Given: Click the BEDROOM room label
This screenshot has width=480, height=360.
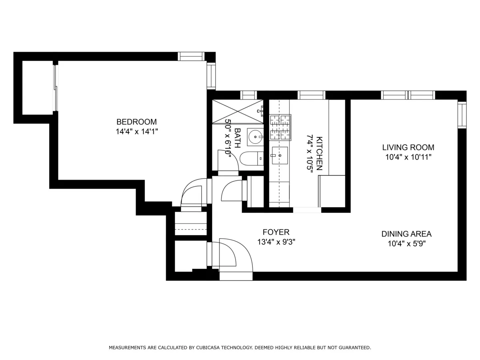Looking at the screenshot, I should [x=136, y=122].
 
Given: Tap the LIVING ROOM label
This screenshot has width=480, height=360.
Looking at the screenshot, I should [x=408, y=147].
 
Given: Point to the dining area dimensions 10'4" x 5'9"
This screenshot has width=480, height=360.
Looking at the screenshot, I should [x=406, y=244].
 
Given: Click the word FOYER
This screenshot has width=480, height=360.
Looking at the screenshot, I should [x=276, y=232].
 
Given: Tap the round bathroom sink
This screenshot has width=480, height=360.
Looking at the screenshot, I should [x=255, y=137].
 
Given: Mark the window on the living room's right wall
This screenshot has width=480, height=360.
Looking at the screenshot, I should [x=462, y=115].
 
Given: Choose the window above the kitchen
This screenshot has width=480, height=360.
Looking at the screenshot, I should [x=311, y=95].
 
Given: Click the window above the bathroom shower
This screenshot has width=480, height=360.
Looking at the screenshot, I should [x=248, y=95].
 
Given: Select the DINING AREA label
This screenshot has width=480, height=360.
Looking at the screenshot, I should [x=406, y=234].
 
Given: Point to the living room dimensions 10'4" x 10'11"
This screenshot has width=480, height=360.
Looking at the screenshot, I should [x=408, y=157].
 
